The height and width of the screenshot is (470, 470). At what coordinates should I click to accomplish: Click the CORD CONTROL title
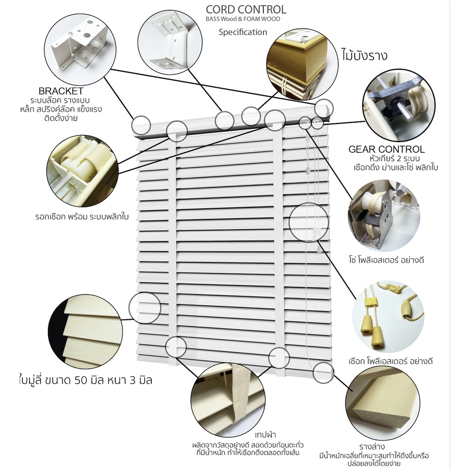246,10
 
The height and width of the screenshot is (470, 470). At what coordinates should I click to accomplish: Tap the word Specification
243,32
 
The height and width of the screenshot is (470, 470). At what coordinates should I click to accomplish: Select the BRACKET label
61,91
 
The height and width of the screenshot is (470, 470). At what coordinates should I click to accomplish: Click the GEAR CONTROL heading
386,149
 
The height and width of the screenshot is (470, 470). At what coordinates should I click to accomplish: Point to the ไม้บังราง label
364,55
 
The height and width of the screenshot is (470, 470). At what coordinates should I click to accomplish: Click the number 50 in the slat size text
81,380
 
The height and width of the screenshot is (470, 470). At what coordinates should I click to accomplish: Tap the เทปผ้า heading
265,435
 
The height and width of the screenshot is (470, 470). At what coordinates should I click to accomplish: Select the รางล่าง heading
372,447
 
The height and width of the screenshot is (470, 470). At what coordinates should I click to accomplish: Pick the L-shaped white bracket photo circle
170,43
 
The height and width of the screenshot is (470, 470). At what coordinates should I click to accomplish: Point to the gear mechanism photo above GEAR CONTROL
399,105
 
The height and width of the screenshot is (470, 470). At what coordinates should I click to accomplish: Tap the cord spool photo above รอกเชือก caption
83,171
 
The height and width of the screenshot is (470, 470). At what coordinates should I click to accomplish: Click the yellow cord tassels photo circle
388,317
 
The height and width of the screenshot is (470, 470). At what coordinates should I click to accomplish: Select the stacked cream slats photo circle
85,331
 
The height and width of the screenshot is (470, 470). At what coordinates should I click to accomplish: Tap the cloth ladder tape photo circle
228,400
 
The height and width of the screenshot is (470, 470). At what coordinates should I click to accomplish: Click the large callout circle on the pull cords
309,222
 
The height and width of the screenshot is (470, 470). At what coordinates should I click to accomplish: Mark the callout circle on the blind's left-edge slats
145,308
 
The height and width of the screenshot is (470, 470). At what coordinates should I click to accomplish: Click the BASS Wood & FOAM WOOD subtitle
243,19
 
